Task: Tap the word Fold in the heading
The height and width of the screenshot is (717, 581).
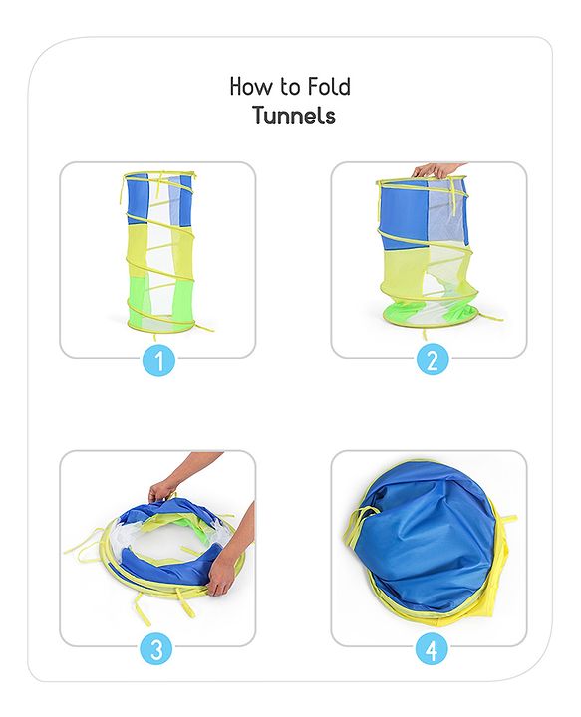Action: point(329,87)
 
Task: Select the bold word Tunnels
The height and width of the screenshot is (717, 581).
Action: point(295,116)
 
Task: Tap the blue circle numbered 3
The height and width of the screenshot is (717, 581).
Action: point(156,648)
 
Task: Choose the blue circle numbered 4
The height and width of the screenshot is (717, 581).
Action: point(432,648)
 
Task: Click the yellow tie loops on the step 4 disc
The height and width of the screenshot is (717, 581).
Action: point(358,526)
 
